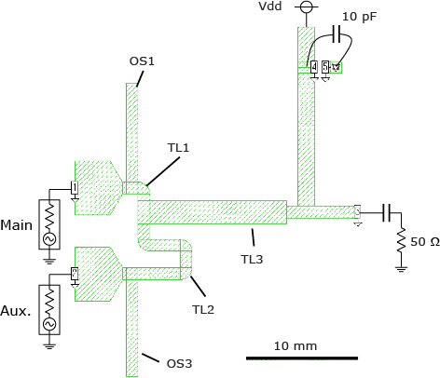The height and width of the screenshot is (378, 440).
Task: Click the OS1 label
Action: point(142,61)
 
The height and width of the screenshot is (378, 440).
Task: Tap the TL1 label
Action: point(178,148)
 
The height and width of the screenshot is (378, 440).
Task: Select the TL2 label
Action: point(203,309)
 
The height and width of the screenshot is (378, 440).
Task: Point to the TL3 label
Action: point(252,259)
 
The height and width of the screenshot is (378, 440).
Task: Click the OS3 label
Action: point(179,363)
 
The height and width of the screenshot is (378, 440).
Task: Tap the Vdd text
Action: point(270,7)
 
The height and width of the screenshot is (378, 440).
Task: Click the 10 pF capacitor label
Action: point(359,17)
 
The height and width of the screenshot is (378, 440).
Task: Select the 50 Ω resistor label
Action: point(425,242)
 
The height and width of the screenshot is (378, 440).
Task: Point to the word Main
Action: point(16,225)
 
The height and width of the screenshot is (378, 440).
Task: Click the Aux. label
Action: point(16,311)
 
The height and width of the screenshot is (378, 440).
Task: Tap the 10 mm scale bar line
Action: point(302,358)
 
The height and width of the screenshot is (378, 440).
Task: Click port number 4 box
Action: point(314,67)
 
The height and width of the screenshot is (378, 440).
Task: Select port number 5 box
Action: point(325,67)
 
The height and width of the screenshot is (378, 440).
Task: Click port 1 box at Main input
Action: point(75,187)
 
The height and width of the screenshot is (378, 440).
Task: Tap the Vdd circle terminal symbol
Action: point(307,7)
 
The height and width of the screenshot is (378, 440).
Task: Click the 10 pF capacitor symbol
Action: point(337,34)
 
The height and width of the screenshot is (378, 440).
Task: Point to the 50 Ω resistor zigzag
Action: point(401,240)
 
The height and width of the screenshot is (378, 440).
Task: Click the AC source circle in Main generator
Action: point(49,238)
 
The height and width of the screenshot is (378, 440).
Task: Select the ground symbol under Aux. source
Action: point(49,345)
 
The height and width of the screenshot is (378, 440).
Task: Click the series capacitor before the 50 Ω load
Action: point(387,213)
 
